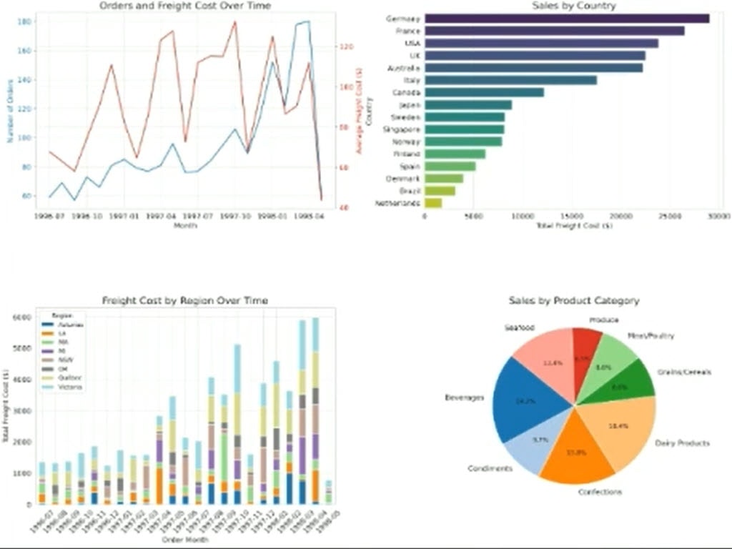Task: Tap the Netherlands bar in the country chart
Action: click(433, 204)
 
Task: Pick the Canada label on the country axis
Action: click(407, 92)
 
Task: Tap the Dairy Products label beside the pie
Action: click(682, 443)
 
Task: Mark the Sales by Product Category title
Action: click(574, 301)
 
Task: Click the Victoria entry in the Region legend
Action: click(70, 387)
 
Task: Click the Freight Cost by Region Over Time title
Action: click(185, 300)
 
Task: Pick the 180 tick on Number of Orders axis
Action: click(23, 22)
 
